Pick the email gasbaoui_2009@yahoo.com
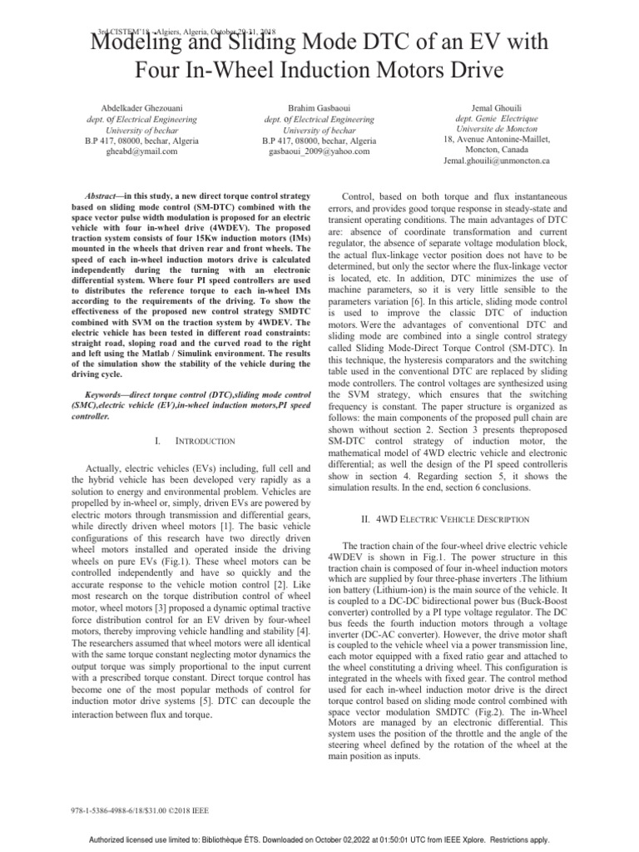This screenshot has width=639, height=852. (x=319, y=151)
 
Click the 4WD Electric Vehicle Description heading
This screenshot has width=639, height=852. (x=471, y=519)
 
